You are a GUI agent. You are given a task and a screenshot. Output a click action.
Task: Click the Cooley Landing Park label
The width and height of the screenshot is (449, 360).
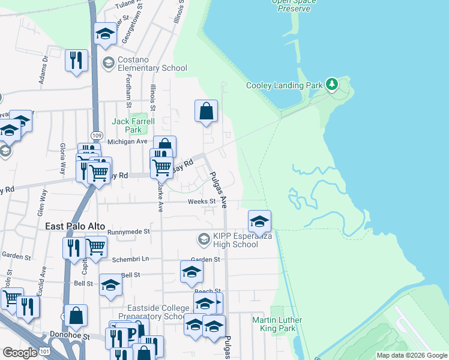tap(285, 85)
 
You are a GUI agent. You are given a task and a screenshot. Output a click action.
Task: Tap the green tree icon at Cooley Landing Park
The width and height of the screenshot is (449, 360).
tap(331, 85)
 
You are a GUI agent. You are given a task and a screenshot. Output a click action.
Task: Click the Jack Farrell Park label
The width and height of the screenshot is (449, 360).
tap(133, 125)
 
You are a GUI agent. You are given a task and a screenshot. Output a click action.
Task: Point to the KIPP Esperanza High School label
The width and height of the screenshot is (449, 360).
tap(236, 240)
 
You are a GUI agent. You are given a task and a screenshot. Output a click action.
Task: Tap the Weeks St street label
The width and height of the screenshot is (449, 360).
tap(201, 202)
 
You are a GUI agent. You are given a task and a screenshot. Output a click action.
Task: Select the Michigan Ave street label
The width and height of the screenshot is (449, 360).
tap(127, 142)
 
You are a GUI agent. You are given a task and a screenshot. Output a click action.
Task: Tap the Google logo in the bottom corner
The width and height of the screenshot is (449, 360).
tap(20, 353)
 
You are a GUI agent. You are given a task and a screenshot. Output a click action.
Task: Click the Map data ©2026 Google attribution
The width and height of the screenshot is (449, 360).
tap(412, 355)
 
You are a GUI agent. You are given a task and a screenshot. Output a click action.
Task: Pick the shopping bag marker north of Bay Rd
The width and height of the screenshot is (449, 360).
tap(206, 112)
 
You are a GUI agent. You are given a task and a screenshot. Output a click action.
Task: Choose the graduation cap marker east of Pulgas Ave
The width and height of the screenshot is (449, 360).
tap(259, 221)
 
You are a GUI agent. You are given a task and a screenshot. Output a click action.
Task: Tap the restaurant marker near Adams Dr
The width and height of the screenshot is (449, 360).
tap(76, 61)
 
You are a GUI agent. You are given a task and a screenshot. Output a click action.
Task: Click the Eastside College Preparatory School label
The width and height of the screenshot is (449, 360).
tap(146, 312)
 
